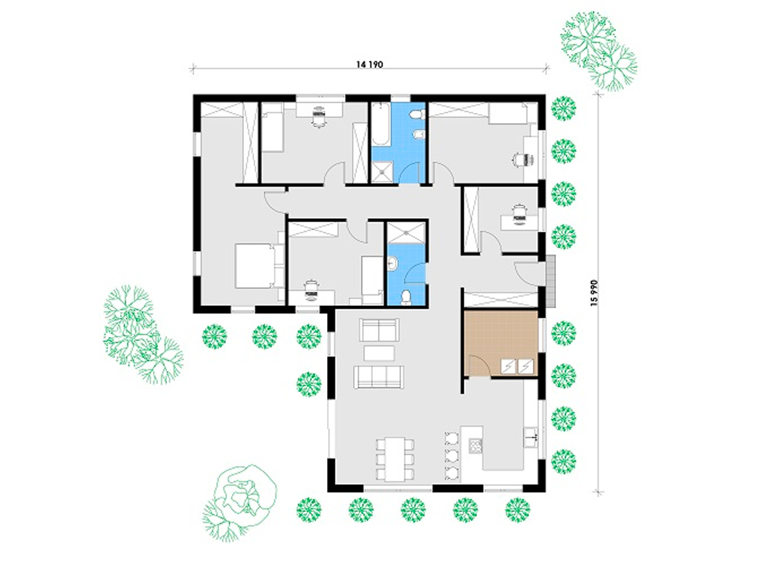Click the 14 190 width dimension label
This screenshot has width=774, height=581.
(x=369, y=65)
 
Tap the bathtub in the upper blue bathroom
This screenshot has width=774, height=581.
(x=381, y=124)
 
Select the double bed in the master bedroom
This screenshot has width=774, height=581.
(x=255, y=266)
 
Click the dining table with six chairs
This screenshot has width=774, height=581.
(x=395, y=459)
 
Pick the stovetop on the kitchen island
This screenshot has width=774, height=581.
(x=475, y=446)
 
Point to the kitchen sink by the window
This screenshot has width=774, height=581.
(x=530, y=438)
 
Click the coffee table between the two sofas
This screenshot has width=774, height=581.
(x=379, y=353)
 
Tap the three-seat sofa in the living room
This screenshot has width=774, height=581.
(x=379, y=377)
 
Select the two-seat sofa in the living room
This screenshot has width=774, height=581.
(x=379, y=330)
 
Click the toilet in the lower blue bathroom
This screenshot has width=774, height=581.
(x=406, y=298)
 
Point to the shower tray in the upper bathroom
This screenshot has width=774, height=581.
(x=382, y=172)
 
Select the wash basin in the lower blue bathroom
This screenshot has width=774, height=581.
(x=392, y=263)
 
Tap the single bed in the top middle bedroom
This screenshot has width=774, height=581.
(x=273, y=127)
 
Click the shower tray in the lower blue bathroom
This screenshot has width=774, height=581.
(x=406, y=233)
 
